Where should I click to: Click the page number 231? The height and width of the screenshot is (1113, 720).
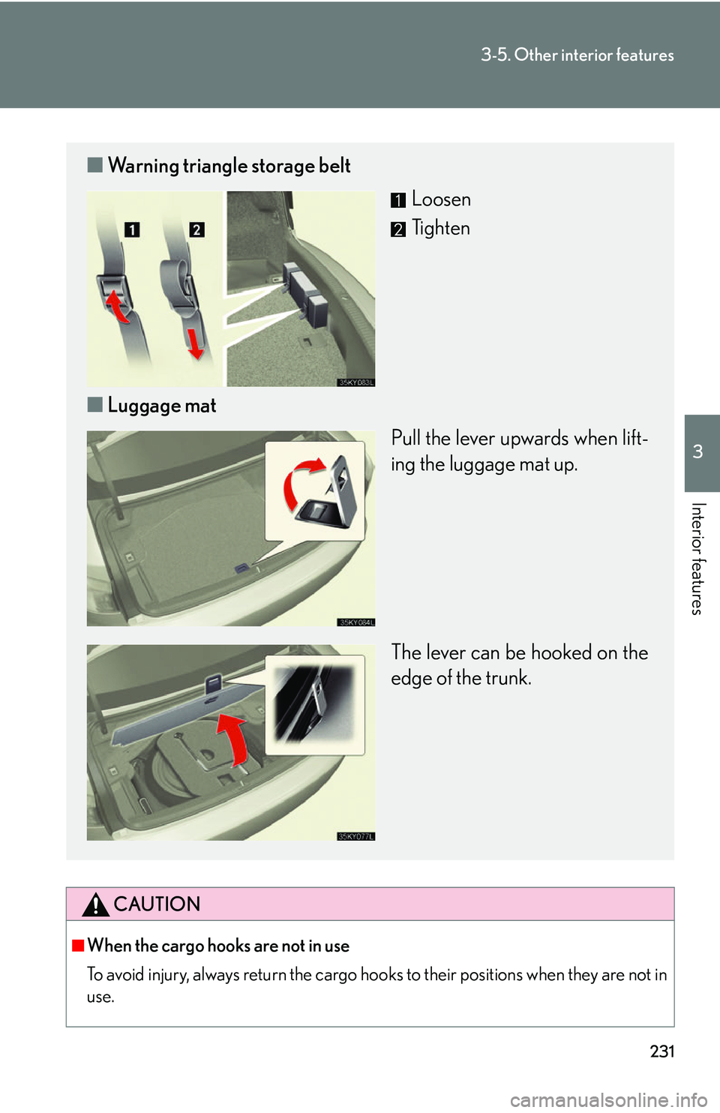(x=661, y=1051)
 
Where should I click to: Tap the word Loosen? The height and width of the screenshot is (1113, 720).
(x=441, y=199)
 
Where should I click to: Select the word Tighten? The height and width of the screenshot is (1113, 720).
(x=441, y=229)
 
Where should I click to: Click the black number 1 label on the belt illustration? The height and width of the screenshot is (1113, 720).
(x=132, y=229)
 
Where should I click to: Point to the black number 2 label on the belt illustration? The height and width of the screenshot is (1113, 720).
(x=196, y=229)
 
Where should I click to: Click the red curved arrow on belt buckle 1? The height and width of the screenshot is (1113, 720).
(x=116, y=307)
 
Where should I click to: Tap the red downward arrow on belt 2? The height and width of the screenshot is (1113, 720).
(x=195, y=343)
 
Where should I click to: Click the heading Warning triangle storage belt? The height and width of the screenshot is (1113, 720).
(x=229, y=166)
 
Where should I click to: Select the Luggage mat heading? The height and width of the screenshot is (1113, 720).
(x=162, y=406)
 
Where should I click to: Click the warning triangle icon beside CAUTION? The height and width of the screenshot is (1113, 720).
(x=95, y=904)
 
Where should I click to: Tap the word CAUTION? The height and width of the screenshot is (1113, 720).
(x=157, y=904)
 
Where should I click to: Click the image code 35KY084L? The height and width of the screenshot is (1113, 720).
(x=356, y=622)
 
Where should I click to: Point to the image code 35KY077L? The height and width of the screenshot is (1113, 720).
(x=356, y=837)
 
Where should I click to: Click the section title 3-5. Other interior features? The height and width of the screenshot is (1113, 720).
(x=577, y=55)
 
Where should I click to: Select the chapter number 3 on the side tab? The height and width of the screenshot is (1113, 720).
(x=697, y=451)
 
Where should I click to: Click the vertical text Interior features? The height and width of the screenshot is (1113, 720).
(x=697, y=559)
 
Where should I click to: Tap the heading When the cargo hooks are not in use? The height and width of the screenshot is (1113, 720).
(x=219, y=946)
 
